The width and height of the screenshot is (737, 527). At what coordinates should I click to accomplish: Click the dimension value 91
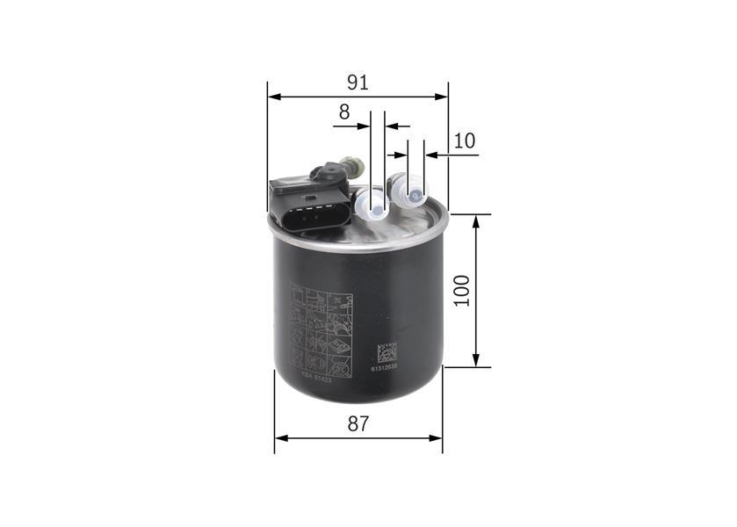[x=357, y=83]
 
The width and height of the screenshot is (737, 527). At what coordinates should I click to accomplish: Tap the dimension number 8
[x=344, y=112]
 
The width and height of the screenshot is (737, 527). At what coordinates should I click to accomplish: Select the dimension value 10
[x=465, y=141]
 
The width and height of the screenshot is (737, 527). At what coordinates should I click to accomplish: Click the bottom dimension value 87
[x=358, y=423]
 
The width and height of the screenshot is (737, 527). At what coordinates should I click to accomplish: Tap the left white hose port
[x=373, y=205]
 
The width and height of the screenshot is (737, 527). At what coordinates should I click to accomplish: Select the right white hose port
[x=411, y=189]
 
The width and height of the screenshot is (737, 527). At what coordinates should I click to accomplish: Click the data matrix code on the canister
[x=387, y=352]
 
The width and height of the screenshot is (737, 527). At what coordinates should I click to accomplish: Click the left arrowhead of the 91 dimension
[x=273, y=97]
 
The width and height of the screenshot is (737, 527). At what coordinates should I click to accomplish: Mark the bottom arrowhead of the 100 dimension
[x=476, y=361]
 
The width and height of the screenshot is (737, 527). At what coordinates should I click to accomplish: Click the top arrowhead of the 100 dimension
[x=476, y=220]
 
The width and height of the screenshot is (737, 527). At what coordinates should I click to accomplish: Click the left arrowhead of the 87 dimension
[x=280, y=437]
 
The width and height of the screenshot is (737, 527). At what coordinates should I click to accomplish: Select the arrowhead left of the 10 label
[x=431, y=155]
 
